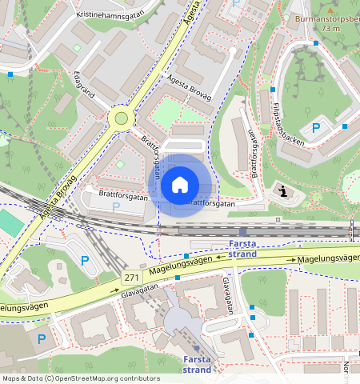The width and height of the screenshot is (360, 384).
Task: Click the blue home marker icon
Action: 180,186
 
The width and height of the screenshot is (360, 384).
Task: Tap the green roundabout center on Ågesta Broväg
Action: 122,118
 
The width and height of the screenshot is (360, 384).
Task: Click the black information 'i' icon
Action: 284,190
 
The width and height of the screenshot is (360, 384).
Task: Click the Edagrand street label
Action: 83,84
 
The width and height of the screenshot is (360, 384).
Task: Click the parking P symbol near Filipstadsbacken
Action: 316,128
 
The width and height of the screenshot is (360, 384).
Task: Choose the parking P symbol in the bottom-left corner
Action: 42,338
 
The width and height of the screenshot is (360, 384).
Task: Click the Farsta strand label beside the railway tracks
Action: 242,248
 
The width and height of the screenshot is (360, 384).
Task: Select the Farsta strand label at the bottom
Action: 197,364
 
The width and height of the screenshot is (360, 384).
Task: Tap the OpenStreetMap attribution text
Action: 81,378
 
